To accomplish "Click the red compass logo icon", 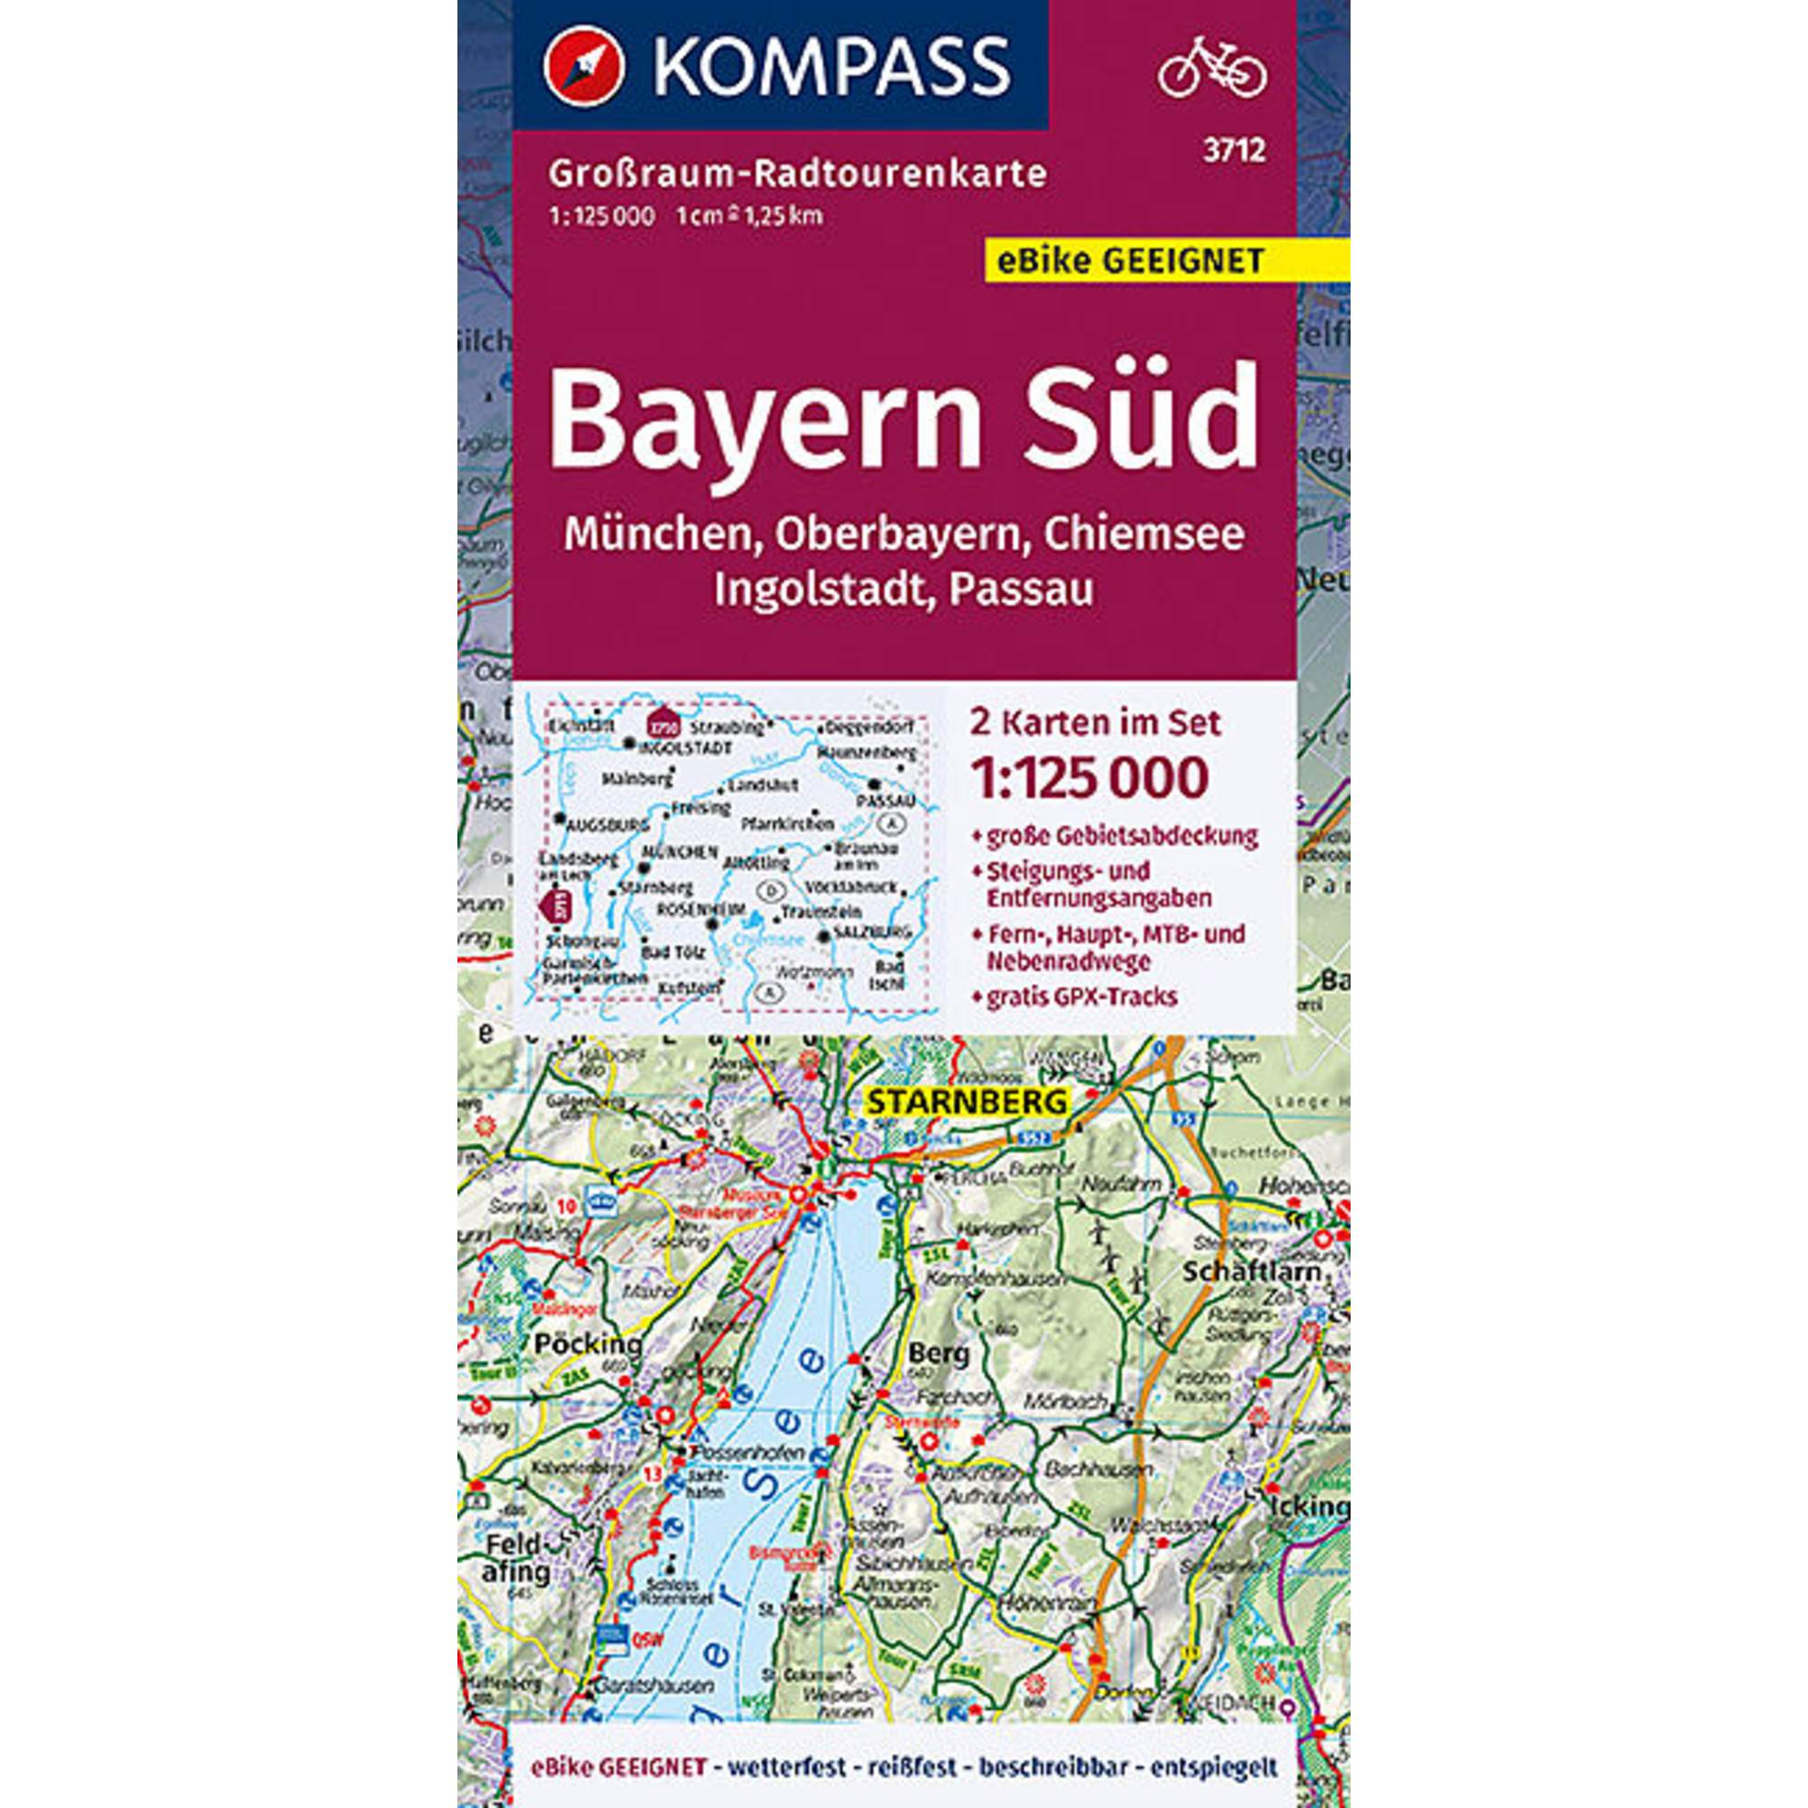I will (x=583, y=65).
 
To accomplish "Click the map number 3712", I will (x=1241, y=150).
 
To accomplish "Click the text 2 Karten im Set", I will (x=1097, y=723).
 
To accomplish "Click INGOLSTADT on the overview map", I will (x=685, y=749).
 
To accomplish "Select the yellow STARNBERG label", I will (x=967, y=1101).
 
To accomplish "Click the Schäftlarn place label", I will (x=1252, y=1273).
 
